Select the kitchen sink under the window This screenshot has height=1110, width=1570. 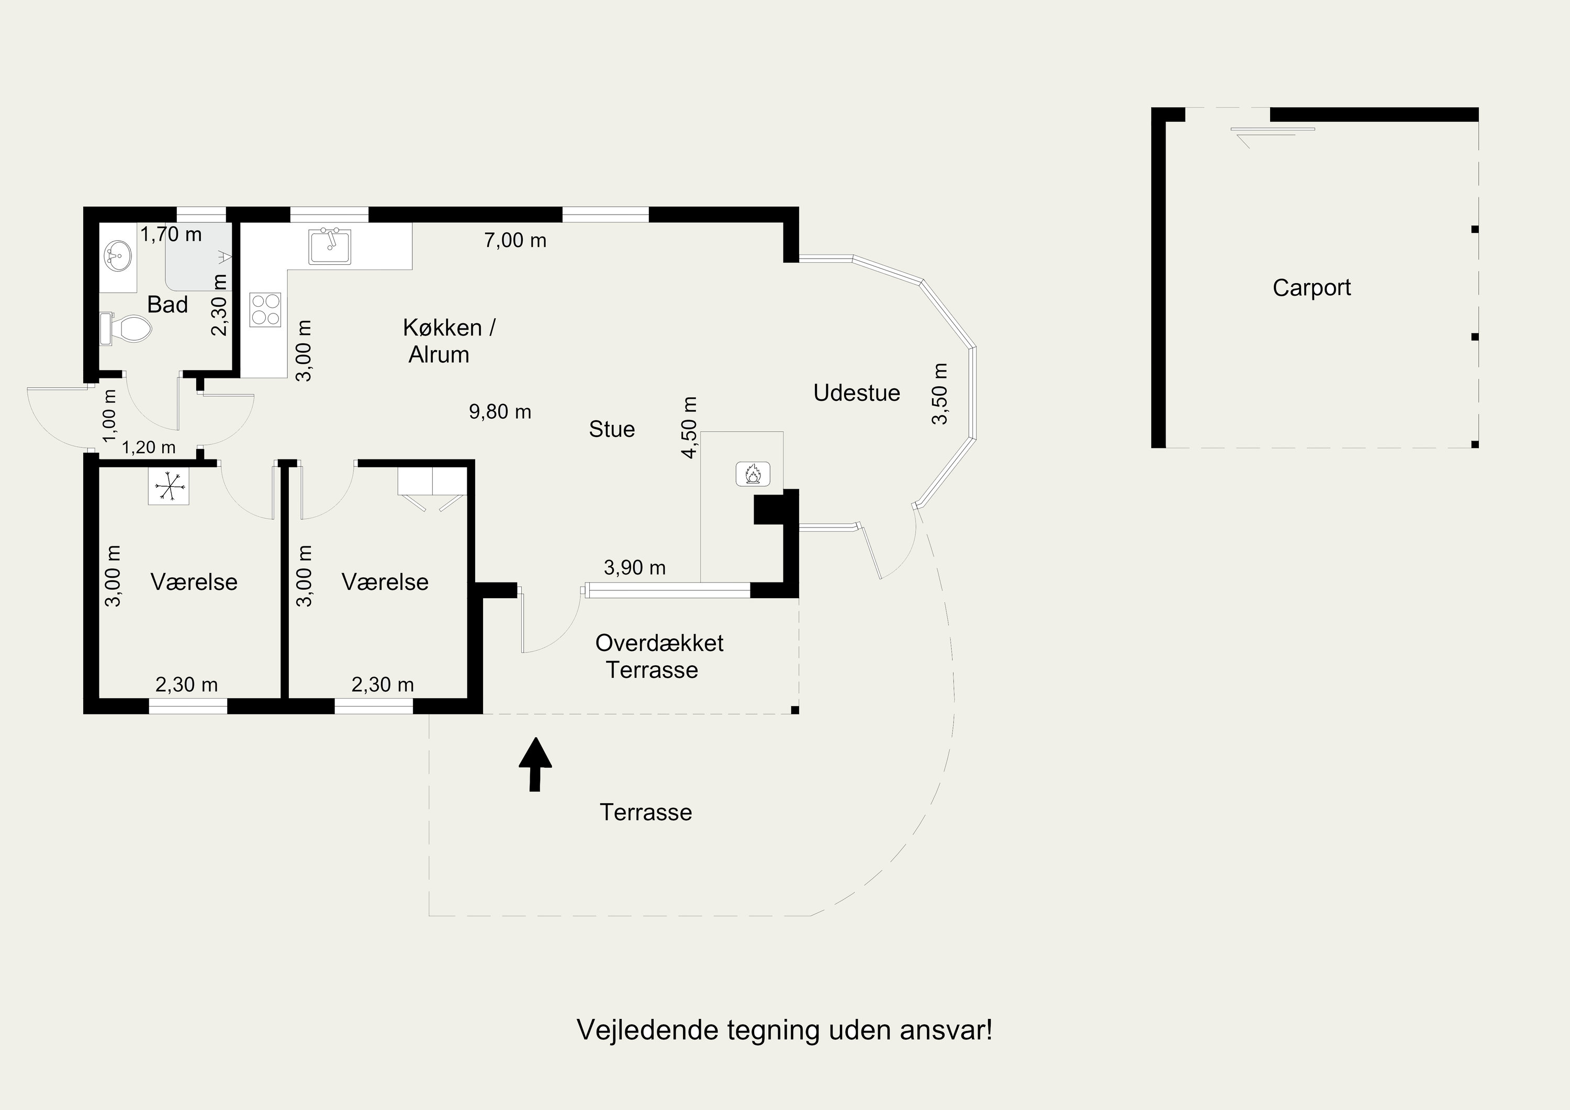click(x=330, y=246)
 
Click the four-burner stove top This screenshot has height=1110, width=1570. click(x=266, y=310)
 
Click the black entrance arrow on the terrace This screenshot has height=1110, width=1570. click(x=535, y=764)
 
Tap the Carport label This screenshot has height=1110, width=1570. click(x=1311, y=288)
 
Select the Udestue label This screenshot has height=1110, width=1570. click(x=857, y=393)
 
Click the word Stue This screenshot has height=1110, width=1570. click(x=612, y=430)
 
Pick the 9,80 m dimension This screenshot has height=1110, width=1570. click(x=500, y=412)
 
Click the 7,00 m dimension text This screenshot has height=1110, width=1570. click(x=515, y=241)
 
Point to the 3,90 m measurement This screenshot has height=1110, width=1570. click(x=635, y=568)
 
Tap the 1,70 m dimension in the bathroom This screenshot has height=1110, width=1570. click(x=171, y=234)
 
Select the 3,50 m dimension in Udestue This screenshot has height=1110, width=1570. click(x=940, y=394)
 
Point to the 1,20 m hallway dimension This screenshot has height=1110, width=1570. click(x=149, y=448)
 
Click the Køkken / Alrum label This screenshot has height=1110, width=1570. click(x=449, y=341)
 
